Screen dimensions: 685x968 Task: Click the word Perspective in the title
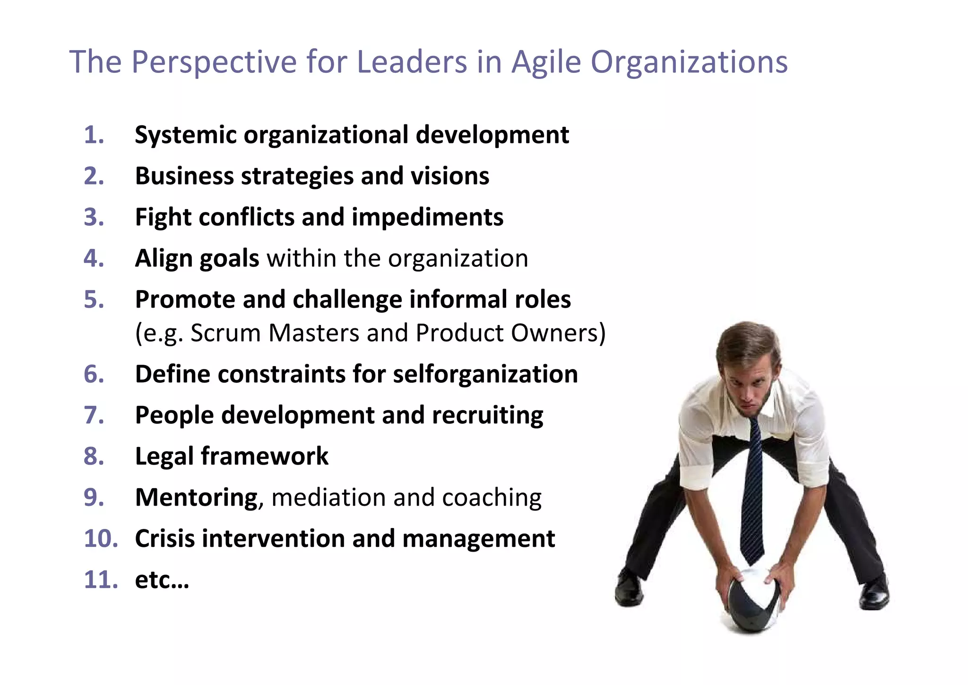(x=214, y=62)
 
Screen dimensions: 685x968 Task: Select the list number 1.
(x=94, y=135)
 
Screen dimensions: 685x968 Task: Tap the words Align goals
(x=197, y=259)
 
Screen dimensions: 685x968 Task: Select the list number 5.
(x=94, y=300)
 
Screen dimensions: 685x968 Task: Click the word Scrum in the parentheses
(x=225, y=333)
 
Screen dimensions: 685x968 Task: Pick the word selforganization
(x=485, y=374)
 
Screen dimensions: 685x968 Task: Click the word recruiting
(x=487, y=415)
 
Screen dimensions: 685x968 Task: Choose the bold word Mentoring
(x=196, y=498)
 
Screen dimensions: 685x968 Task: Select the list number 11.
(x=100, y=580)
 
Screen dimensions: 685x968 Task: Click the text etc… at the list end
(x=162, y=580)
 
